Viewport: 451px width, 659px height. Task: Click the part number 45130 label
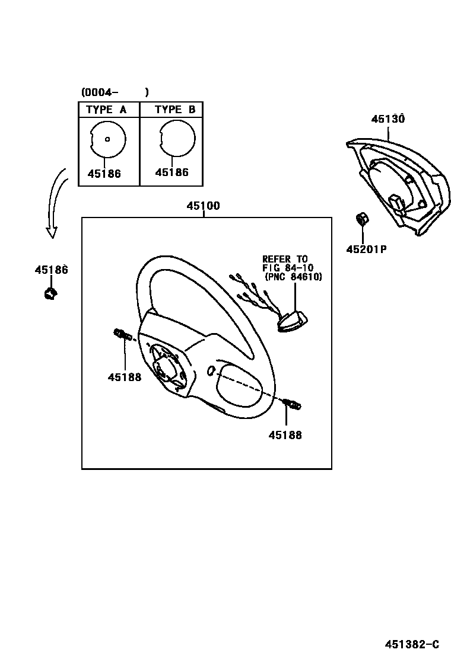click(x=388, y=119)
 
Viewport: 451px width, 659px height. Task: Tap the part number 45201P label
click(x=366, y=249)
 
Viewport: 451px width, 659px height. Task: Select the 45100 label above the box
click(x=203, y=206)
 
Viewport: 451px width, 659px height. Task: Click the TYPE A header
click(x=106, y=110)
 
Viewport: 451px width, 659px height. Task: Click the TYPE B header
click(x=175, y=110)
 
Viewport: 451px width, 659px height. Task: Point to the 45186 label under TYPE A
click(x=104, y=174)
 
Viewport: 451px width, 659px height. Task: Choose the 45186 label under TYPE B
click(x=171, y=172)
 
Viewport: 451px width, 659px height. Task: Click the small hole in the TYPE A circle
click(x=107, y=140)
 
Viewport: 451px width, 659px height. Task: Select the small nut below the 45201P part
click(x=360, y=219)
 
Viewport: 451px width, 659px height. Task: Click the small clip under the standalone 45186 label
click(x=50, y=292)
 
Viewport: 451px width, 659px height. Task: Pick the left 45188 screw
click(x=122, y=335)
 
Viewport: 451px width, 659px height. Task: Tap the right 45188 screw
click(x=292, y=404)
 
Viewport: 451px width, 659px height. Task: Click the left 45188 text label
click(x=125, y=377)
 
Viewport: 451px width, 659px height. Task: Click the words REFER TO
click(x=285, y=259)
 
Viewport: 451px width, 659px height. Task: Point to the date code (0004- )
click(x=115, y=92)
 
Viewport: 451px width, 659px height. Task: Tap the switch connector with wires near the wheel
click(x=291, y=323)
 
